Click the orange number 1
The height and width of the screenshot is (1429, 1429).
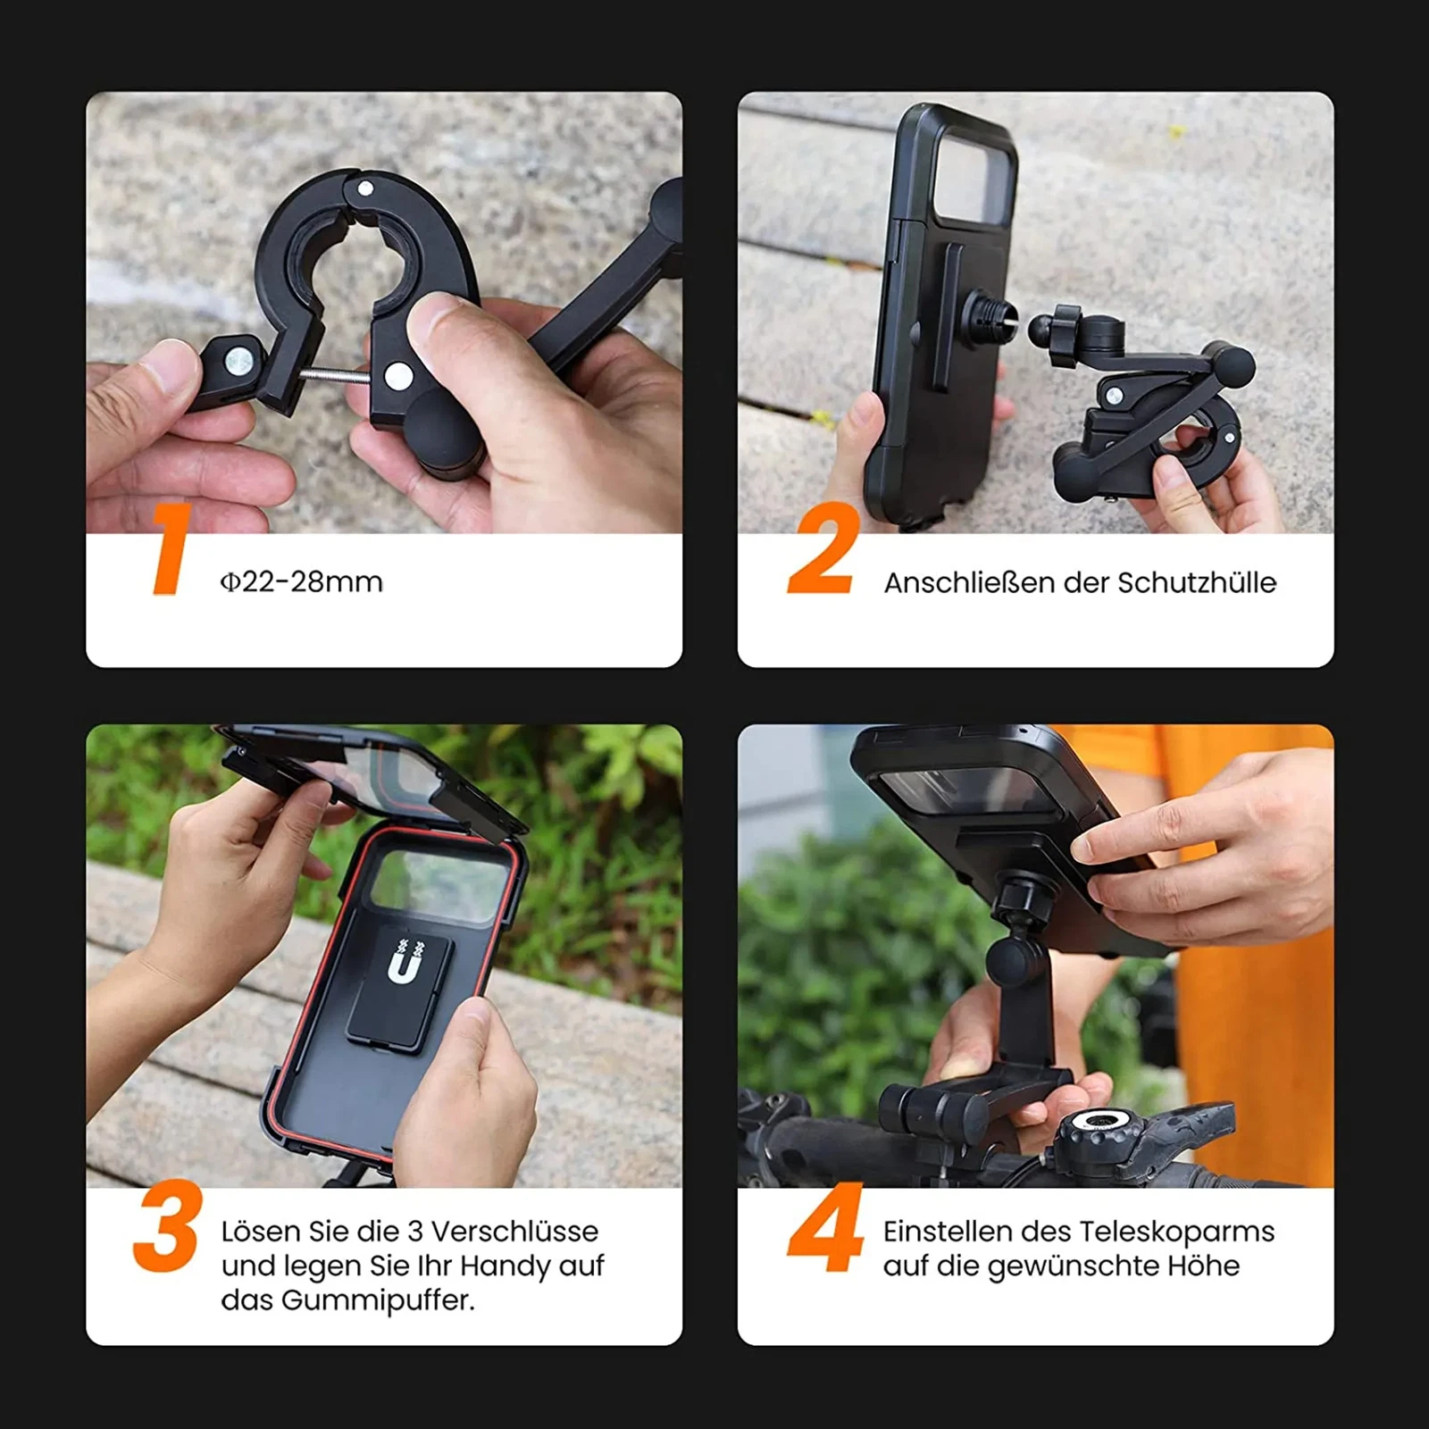170,549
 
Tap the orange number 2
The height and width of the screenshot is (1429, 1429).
822,548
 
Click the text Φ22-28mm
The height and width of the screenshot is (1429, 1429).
302,582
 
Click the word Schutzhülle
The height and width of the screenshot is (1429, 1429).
1197,582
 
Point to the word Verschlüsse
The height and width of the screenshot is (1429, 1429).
514,1231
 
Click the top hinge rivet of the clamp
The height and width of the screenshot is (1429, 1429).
364,189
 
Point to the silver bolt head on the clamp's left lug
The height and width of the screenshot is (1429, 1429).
238,361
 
